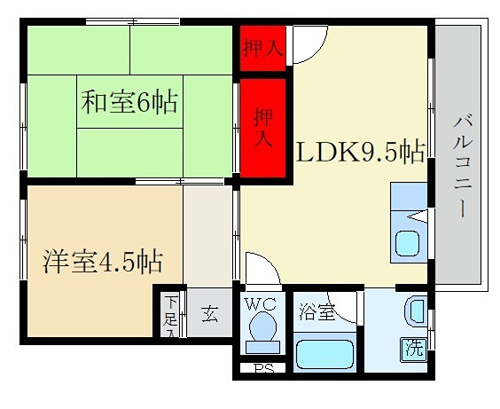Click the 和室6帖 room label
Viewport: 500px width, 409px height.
129,101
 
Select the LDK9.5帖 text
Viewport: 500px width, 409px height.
358,152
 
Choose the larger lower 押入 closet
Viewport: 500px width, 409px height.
262,127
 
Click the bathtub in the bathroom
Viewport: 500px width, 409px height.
324,355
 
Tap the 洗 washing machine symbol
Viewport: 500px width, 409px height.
413,348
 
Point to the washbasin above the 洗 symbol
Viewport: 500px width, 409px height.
415,312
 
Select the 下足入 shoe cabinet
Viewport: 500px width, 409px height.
170,315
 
